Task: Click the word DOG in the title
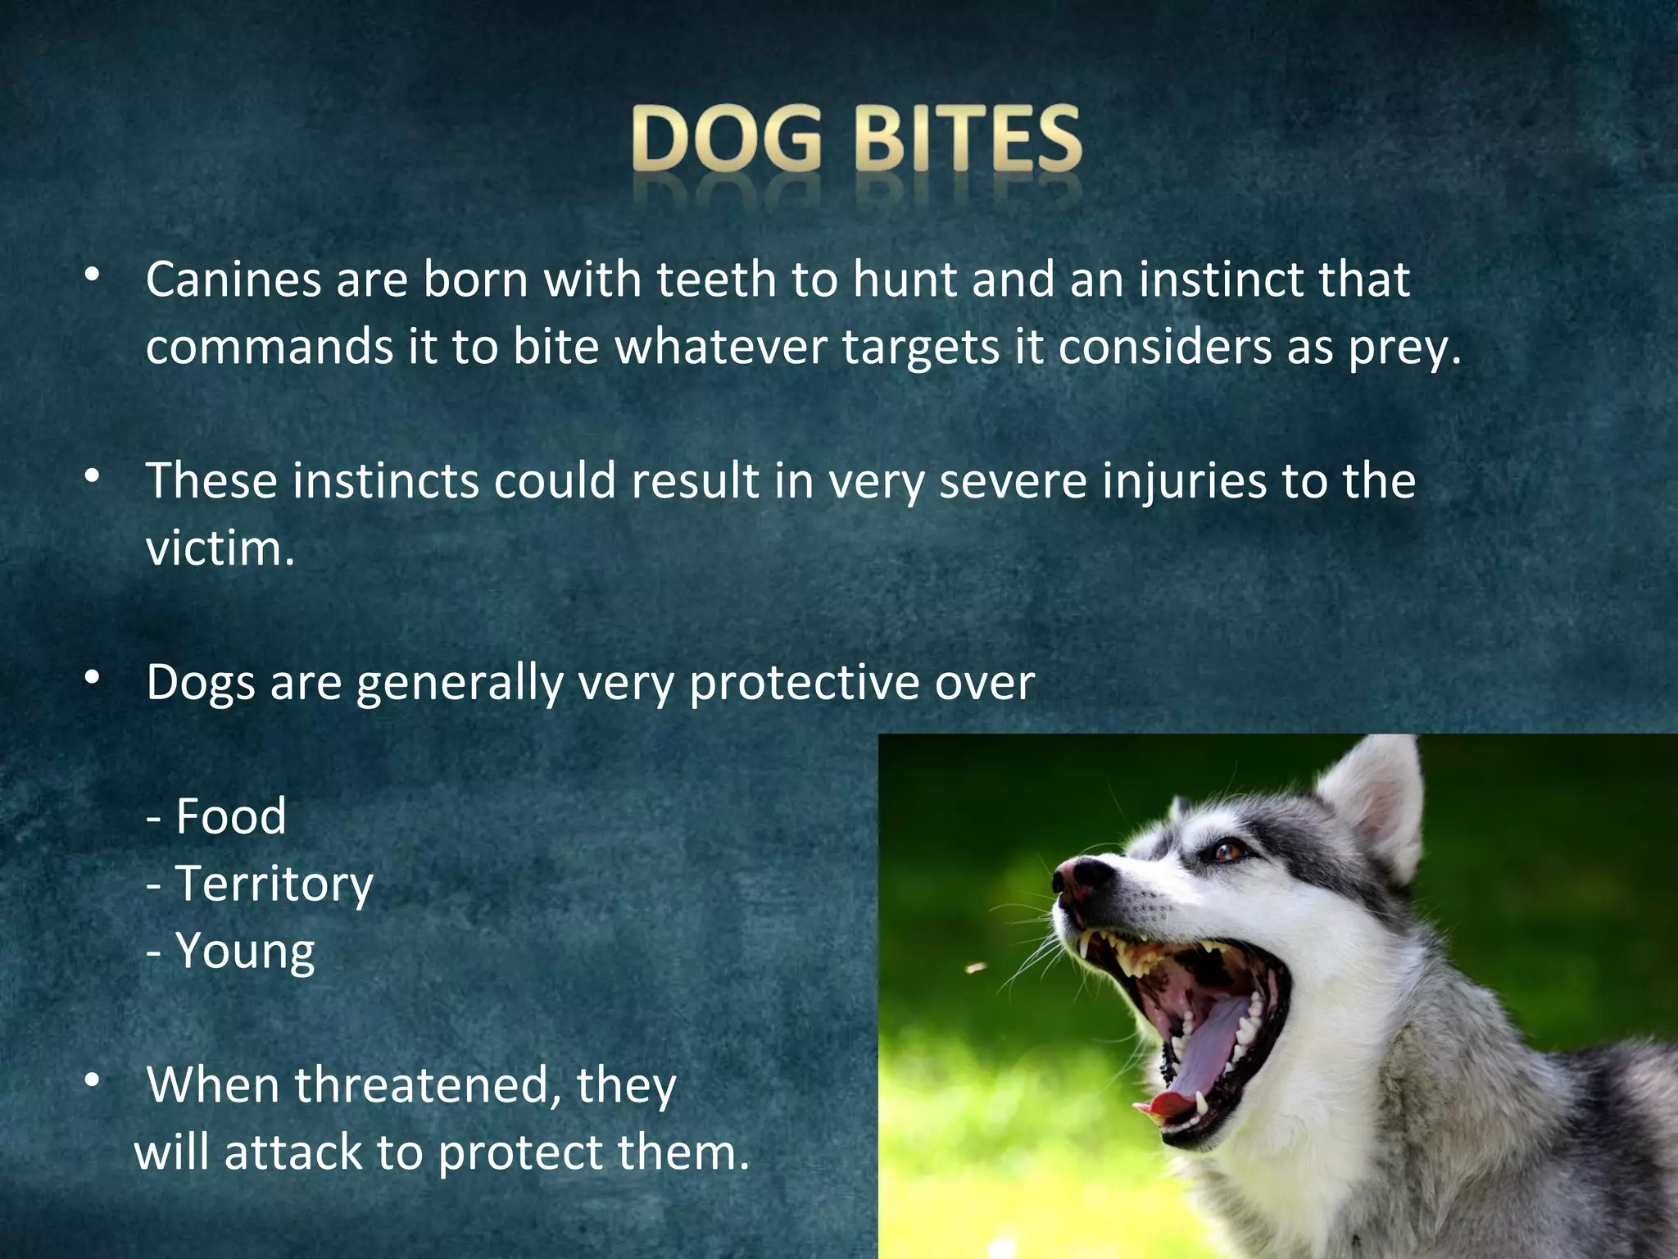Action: tap(726, 139)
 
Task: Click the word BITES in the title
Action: tap(968, 139)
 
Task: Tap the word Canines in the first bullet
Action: tap(233, 280)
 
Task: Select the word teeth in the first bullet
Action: tap(716, 280)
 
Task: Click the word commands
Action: tap(270, 348)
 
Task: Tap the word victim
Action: tap(219, 549)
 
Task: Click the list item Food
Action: tap(230, 817)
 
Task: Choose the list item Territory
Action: tap(274, 884)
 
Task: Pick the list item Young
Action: tap(245, 952)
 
